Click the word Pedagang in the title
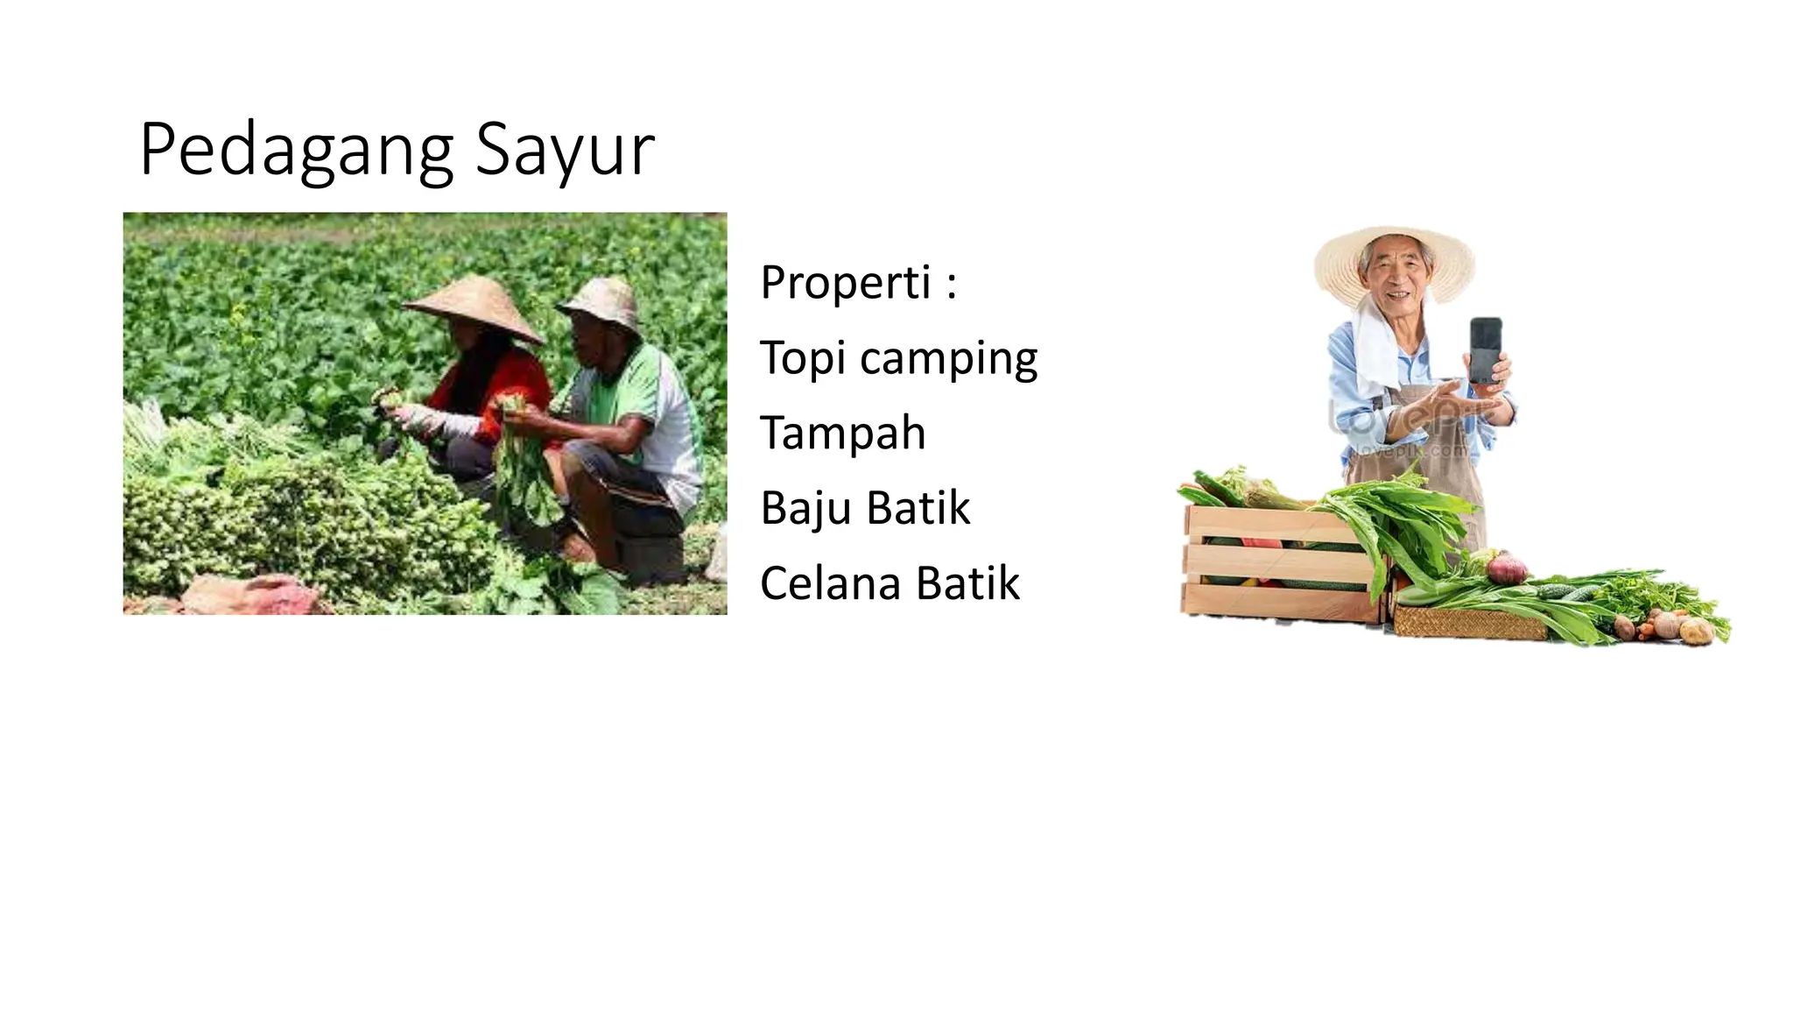296,151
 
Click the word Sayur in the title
565,151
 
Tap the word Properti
845,282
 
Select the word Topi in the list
802,357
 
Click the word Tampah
842,433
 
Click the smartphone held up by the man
1485,349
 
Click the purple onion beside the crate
1506,568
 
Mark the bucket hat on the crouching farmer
602,303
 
